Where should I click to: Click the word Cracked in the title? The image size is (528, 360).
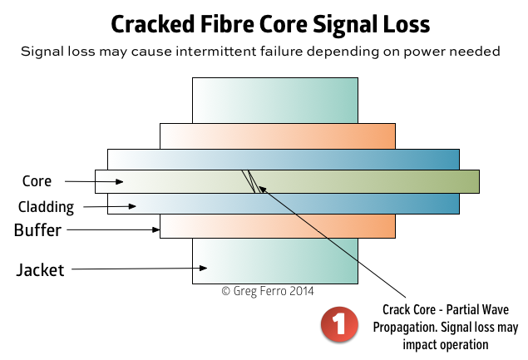coord(153,24)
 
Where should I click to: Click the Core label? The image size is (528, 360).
coord(37,181)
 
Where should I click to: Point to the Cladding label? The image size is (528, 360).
coord(46,207)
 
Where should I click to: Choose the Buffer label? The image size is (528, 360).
coord(37,230)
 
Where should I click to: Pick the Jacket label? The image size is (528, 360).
coord(40,269)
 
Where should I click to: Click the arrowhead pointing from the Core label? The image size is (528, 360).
coord(119,182)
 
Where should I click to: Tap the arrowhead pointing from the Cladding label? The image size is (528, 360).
coord(132,206)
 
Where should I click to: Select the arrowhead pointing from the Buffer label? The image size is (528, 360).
coord(156,229)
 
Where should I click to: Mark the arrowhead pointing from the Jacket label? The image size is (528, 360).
coord(203,268)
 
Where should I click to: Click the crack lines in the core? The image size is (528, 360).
coord(251,181)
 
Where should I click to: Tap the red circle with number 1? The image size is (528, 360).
coord(339,324)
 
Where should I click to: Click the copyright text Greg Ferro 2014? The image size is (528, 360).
coord(268,291)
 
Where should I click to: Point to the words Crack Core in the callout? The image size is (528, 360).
coord(409,309)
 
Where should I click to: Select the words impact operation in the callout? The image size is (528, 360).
coord(446,345)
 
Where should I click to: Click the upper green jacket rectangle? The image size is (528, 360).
coord(275,101)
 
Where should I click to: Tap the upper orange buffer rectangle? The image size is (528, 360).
coord(278,136)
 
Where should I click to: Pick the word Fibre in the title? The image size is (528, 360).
coord(227,24)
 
